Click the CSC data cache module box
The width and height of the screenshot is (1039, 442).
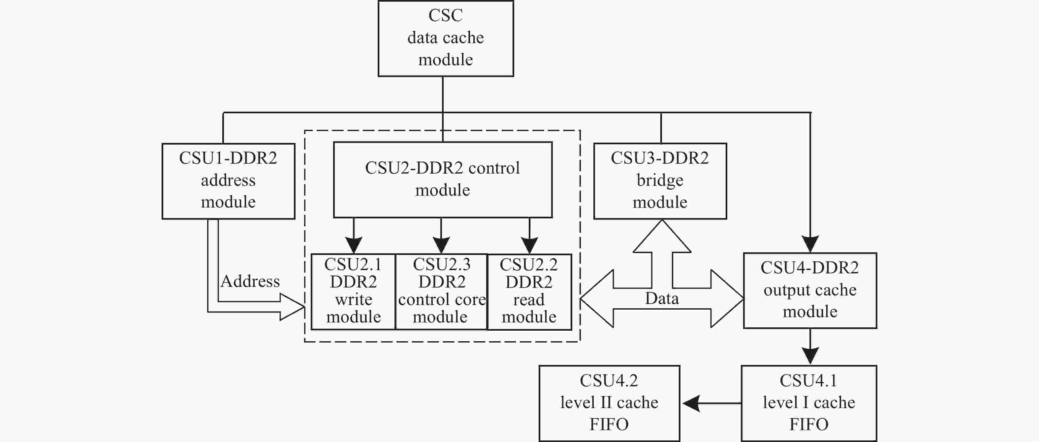(x=446, y=38)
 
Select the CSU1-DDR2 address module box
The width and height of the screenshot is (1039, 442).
(x=228, y=181)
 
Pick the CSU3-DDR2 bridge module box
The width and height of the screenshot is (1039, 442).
(x=660, y=181)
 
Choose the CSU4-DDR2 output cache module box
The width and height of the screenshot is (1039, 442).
(x=810, y=290)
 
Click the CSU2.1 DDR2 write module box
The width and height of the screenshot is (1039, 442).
(x=353, y=292)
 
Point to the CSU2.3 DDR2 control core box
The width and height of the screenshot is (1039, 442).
(x=442, y=292)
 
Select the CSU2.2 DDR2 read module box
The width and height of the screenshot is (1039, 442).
(x=529, y=292)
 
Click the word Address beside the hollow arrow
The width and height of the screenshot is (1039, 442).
(x=250, y=281)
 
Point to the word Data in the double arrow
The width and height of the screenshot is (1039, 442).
(x=662, y=298)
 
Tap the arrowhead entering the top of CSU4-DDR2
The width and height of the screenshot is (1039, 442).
(x=810, y=244)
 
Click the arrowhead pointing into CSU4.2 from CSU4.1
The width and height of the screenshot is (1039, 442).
(x=691, y=403)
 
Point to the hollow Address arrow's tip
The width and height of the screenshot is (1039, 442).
(x=304, y=307)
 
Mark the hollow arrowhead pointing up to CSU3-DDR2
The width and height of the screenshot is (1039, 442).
(x=662, y=236)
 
